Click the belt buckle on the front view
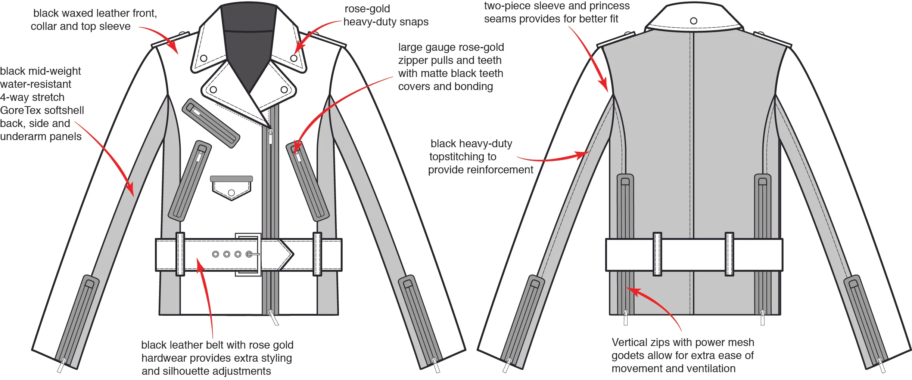[x=248, y=254]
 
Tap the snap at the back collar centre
[x=693, y=21]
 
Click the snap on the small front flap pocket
[x=231, y=193]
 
